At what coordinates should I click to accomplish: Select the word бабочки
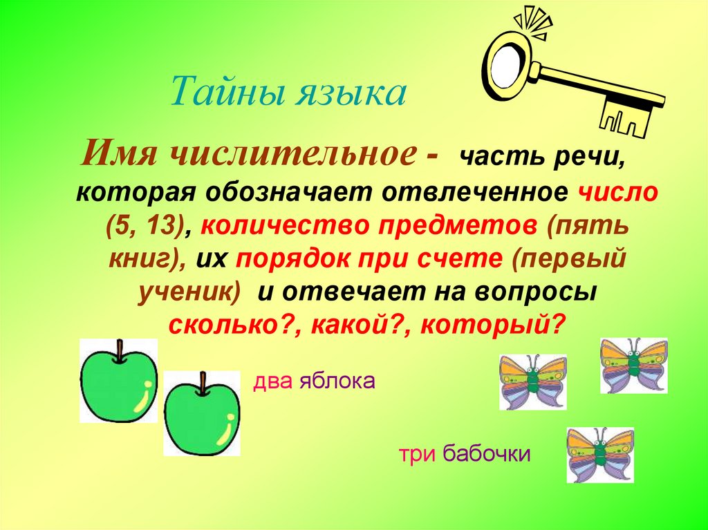click(487, 455)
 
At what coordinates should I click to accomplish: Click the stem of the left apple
click(120, 352)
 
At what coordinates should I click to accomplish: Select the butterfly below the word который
click(532, 381)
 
